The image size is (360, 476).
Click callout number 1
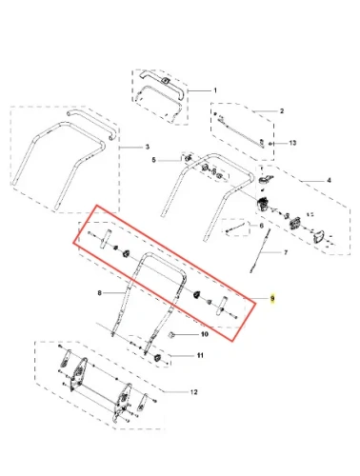215,90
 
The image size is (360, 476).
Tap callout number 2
282,111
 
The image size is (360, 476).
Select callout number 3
147,148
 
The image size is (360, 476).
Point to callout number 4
329,180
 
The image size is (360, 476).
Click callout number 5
153,160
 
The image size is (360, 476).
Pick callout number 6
261,226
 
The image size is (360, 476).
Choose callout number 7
286,252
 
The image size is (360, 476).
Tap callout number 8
99,293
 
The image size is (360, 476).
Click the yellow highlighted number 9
272,299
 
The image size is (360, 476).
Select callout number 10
205,334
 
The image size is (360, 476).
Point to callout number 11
200,355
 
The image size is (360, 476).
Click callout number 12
193,392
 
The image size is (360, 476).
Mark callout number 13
292,143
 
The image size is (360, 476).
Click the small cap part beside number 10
171,335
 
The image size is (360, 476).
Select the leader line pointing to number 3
130,148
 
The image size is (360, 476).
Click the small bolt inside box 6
235,228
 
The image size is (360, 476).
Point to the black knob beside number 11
157,358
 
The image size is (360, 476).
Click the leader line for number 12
176,392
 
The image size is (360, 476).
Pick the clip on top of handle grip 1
165,80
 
